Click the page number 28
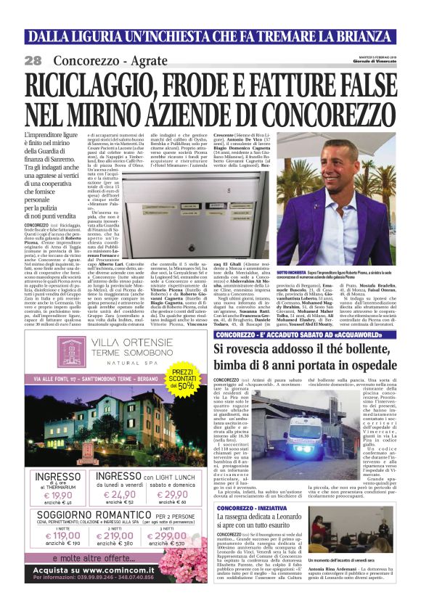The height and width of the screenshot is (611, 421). tap(33, 60)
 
